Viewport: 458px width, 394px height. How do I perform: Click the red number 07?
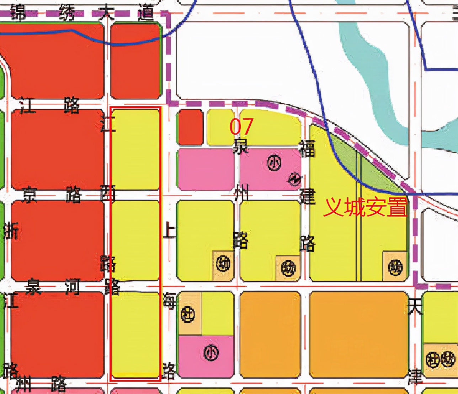[241, 126]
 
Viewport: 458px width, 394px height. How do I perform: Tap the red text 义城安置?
[365, 207]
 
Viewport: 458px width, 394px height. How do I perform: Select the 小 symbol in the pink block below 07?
[274, 164]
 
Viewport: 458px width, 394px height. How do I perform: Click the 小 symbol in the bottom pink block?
[211, 353]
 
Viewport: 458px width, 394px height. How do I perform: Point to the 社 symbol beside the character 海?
[188, 314]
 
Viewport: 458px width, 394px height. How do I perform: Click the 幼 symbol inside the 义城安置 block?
[395, 268]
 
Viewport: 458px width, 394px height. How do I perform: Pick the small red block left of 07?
[191, 127]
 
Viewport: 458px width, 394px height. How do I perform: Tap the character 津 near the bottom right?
[415, 377]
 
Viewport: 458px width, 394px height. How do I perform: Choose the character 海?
[169, 301]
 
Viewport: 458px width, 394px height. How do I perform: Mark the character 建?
[307, 196]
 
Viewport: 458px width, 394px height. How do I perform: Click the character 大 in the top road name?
[106, 13]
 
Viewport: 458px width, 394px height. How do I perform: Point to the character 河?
[72, 287]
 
